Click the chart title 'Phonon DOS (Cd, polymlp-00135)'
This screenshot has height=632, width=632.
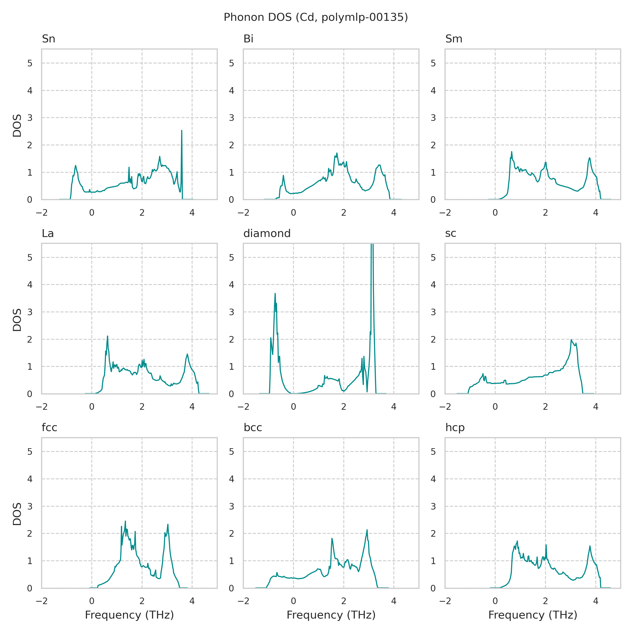[316, 17]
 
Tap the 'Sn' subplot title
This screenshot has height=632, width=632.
[48, 39]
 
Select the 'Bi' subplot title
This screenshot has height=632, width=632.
[248, 39]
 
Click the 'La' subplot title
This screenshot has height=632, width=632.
[48, 233]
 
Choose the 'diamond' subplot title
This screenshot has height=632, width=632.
[267, 233]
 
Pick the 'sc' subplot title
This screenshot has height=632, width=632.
[451, 233]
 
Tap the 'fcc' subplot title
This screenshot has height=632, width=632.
[50, 428]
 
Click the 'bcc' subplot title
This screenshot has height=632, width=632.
[253, 428]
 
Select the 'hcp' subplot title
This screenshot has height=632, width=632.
[455, 428]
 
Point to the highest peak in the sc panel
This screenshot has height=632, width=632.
[571, 340]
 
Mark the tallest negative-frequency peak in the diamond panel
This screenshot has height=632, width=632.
[275, 294]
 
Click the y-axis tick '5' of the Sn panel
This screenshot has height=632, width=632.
[30, 63]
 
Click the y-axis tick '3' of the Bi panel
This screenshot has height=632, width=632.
[232, 118]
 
